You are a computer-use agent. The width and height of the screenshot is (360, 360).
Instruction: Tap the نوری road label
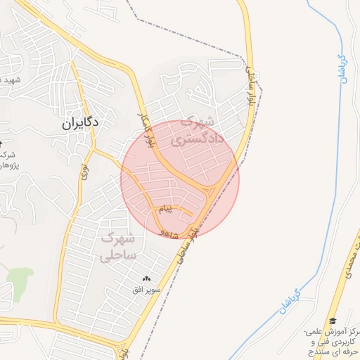tap(84, 170)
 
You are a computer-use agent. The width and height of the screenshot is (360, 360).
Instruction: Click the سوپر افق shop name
tap(148, 289)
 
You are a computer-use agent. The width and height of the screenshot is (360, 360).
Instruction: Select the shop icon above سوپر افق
tap(147, 279)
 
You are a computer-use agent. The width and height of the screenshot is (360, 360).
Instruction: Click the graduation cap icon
tap(332, 320)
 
